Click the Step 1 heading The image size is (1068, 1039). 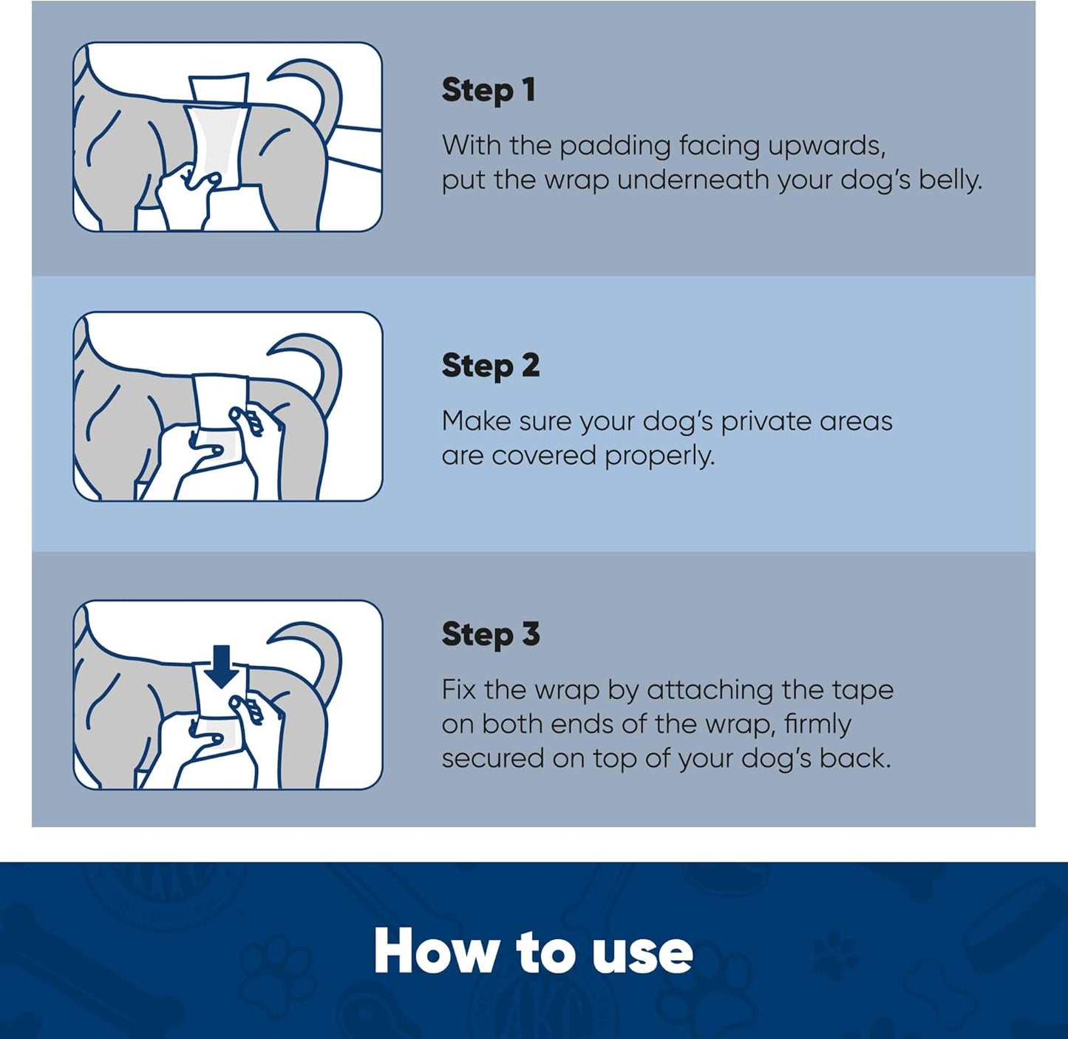[x=489, y=90]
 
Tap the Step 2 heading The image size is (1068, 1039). [x=491, y=366]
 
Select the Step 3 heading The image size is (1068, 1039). [x=491, y=634]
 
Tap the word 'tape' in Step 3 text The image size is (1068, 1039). [x=863, y=690]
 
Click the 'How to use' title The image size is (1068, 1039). [x=533, y=952]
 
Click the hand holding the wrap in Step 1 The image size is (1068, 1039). [x=185, y=188]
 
